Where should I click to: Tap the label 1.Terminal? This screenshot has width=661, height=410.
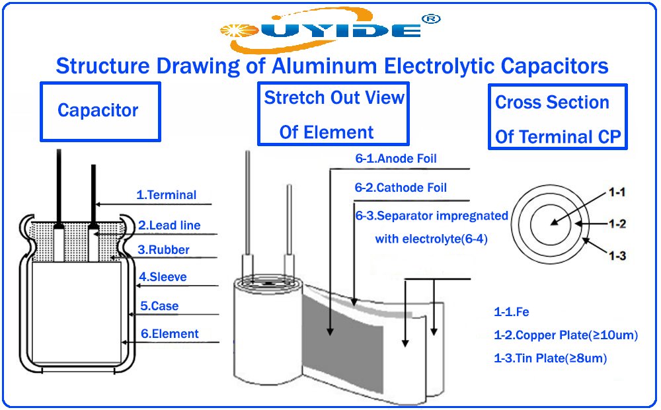(x=166, y=195)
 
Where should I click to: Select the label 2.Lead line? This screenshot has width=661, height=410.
(x=169, y=225)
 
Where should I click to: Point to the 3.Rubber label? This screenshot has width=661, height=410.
(x=163, y=250)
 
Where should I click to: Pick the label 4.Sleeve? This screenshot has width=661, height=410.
(x=163, y=277)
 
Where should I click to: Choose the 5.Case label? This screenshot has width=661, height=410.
(x=159, y=306)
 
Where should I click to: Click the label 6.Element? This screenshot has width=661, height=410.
(x=169, y=334)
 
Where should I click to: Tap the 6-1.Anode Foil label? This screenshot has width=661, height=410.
(x=396, y=159)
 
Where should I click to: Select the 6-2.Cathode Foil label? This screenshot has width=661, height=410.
(x=401, y=188)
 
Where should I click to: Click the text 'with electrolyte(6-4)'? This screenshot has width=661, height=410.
(x=431, y=239)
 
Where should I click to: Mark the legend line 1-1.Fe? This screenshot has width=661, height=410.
(x=511, y=312)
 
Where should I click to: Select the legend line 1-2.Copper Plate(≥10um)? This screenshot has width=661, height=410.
(x=566, y=335)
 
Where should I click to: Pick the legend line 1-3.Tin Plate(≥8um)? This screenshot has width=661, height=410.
(x=550, y=358)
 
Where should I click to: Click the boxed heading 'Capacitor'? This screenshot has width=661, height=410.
(x=98, y=110)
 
